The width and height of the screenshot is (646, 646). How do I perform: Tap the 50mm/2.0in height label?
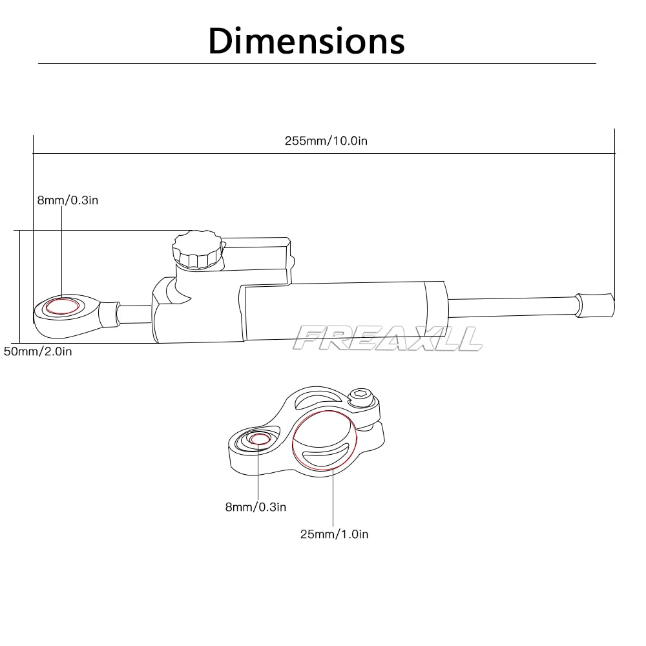[x=37, y=351]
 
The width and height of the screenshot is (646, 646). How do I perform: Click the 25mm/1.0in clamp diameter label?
[x=334, y=534]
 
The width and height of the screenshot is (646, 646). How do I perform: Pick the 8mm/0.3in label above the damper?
[x=68, y=200]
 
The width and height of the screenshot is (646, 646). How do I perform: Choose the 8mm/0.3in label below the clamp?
[x=255, y=507]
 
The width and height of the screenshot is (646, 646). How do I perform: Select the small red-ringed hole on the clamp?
[x=259, y=439]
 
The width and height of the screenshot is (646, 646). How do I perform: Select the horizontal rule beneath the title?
[x=317, y=63]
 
